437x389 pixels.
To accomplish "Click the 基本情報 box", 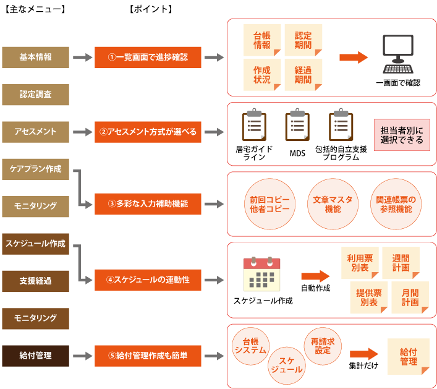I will [35, 58].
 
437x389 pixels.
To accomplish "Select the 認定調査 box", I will [35, 95].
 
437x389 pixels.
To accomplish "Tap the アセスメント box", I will [35, 132].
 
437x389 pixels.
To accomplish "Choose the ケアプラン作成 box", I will [35, 169].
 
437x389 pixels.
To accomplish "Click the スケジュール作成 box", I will [35, 244].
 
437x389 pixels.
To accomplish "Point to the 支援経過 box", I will [35, 281].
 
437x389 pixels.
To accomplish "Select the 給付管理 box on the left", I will [35, 356].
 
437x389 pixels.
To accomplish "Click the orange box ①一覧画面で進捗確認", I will [148, 58].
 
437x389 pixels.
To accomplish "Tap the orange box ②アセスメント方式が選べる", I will [148, 132].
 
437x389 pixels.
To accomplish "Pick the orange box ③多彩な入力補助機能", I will [148, 203].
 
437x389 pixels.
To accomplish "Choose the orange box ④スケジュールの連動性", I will [148, 280].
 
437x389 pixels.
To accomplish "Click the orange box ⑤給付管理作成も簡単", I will [148, 356].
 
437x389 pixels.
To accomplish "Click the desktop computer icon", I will [397, 54].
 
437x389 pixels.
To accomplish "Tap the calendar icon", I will [262, 274].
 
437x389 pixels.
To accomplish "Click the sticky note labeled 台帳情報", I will [262, 40].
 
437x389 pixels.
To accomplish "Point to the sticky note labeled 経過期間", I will [303, 75].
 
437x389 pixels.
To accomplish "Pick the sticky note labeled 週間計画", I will [401, 263].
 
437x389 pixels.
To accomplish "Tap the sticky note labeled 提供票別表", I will [369, 297].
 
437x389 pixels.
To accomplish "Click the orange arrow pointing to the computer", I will [353, 57].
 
